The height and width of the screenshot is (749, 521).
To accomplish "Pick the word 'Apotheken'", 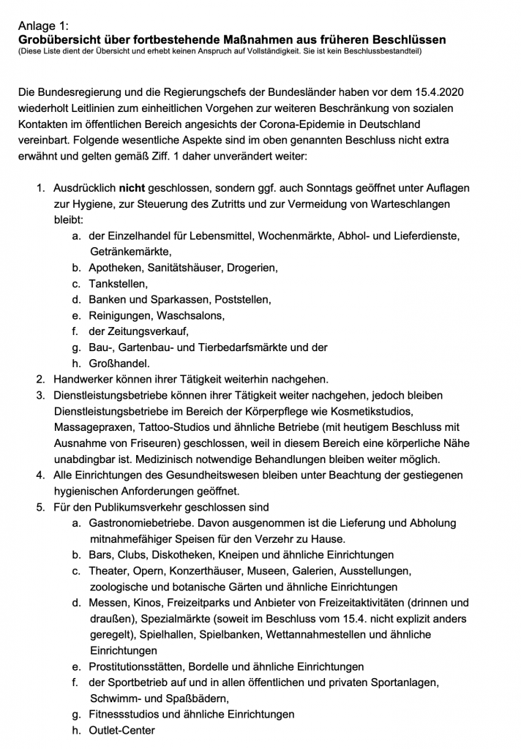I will click(x=116, y=268).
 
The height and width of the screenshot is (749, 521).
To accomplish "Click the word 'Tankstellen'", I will click(x=118, y=284).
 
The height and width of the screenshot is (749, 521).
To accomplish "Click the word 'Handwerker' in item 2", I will click(x=81, y=380).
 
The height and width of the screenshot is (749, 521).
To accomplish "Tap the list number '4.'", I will click(x=42, y=475).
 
